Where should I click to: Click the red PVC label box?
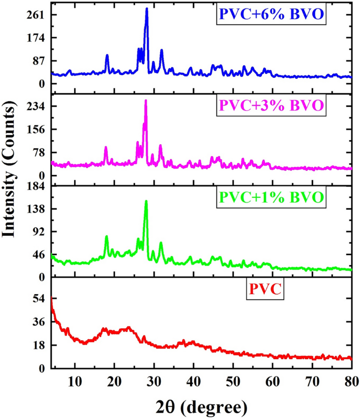265,290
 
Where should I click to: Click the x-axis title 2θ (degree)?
201,406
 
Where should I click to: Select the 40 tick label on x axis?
193,380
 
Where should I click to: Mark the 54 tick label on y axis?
38,299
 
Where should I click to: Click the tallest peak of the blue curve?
147,9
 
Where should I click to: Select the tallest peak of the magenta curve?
146,101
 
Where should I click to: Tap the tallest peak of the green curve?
146,201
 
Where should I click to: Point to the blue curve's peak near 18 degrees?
107,55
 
